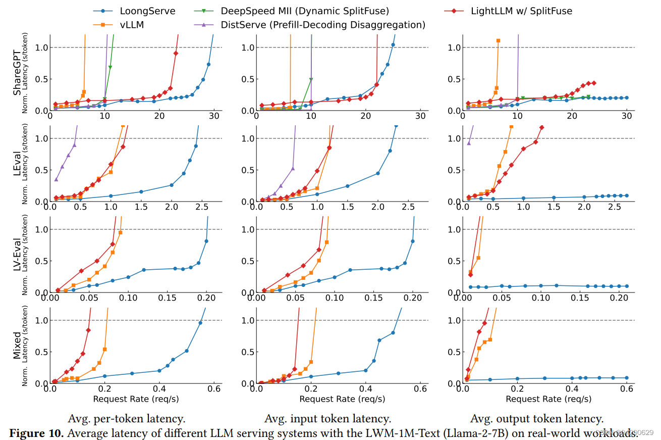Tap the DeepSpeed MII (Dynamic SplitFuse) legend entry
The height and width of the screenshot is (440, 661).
coord(298,11)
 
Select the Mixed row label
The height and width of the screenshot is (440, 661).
coord(17,345)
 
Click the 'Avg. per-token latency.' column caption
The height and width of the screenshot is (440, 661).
coord(127,418)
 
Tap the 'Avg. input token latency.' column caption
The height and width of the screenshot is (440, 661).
coord(327,418)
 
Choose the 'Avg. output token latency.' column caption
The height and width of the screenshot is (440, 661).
coord(537,418)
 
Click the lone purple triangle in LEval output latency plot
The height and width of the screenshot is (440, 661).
coord(469,143)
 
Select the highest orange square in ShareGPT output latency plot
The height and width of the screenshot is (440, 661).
coord(499,40)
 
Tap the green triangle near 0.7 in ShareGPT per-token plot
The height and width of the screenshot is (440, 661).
coord(110,67)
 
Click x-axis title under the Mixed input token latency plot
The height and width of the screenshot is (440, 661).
coord(342,399)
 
